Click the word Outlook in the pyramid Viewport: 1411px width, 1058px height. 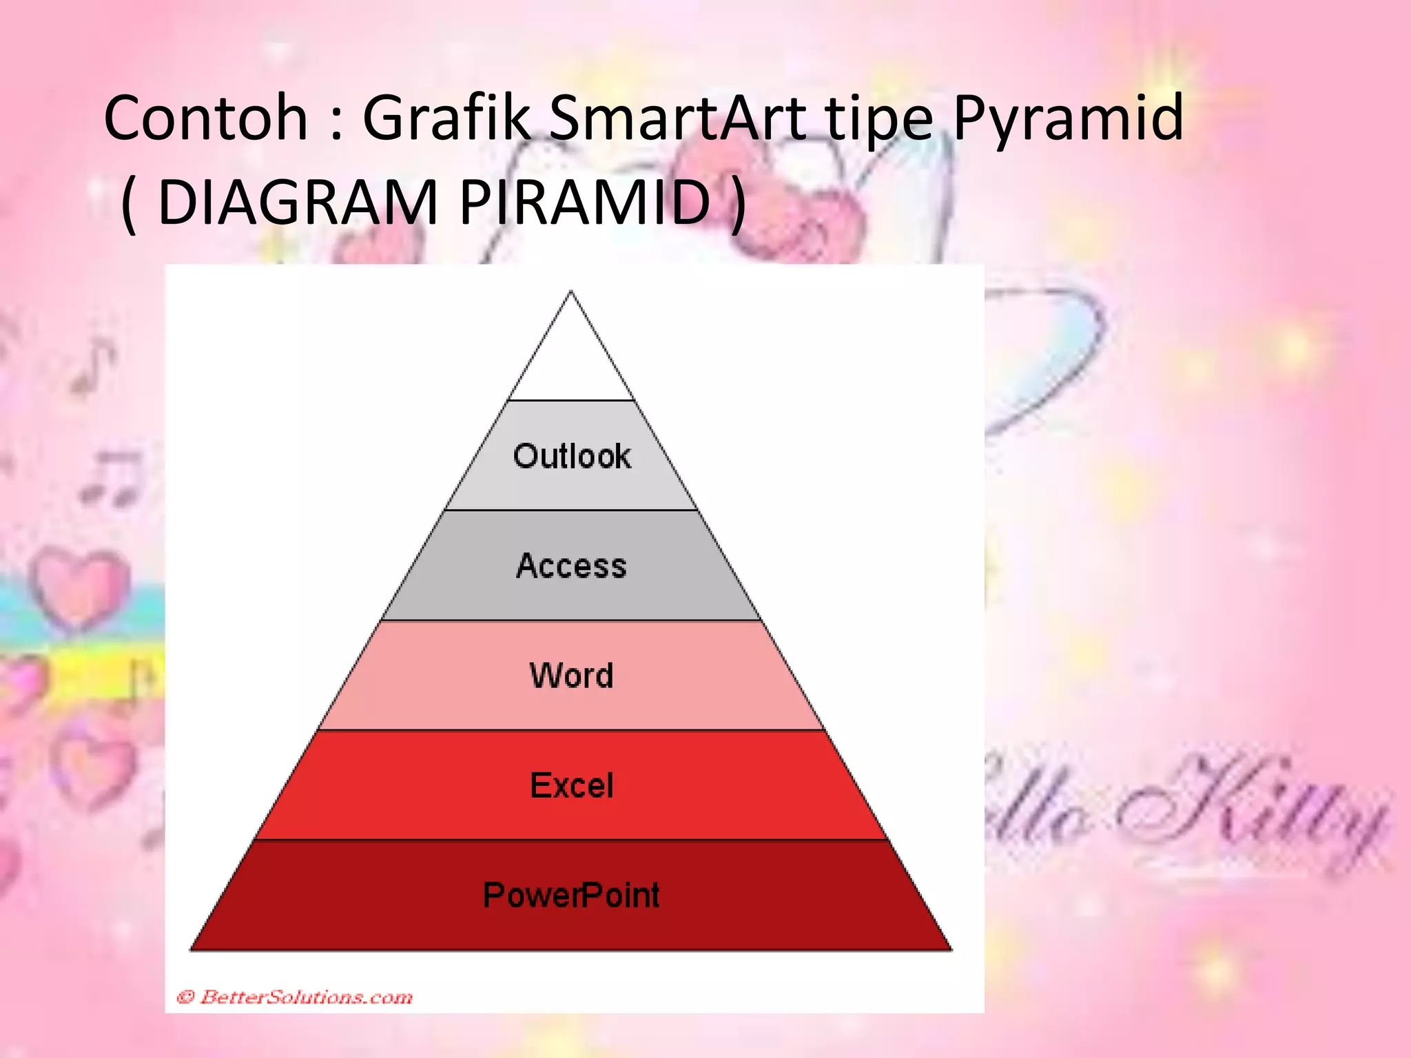572,457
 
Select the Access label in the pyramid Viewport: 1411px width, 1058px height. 571,566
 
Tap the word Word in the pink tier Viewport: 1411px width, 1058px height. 571,676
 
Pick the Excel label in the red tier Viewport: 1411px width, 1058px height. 571,786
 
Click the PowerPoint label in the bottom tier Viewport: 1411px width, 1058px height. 571,895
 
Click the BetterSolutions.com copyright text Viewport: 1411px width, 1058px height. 305,997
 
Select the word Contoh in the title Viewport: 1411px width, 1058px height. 205,118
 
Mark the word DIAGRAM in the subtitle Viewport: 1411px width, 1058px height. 298,203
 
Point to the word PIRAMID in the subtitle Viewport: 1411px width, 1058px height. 584,203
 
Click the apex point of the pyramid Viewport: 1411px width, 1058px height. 570,293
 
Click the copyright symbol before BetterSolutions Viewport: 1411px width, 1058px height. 185,997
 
